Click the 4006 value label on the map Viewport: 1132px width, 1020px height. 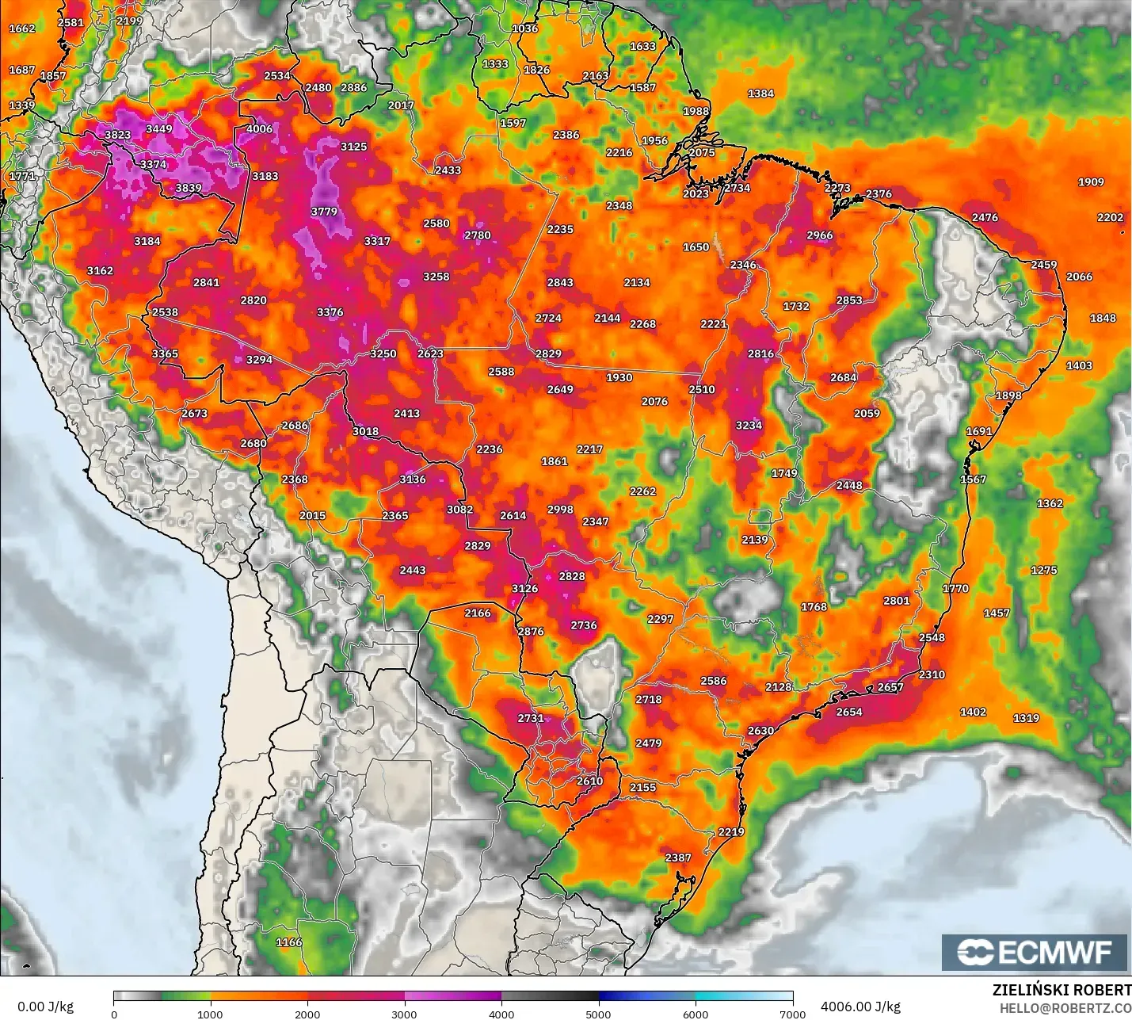(259, 129)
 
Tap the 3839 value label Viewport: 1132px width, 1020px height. (189, 188)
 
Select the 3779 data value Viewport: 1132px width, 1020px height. (323, 212)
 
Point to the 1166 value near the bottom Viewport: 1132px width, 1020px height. (288, 942)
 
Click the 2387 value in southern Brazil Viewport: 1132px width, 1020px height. (677, 858)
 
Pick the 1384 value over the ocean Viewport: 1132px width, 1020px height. (760, 94)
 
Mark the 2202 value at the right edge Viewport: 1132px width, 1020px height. (1110, 217)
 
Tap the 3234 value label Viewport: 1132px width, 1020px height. (749, 426)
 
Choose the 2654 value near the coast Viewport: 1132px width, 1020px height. (849, 712)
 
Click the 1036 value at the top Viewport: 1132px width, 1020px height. (524, 29)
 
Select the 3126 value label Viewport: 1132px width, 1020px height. (524, 588)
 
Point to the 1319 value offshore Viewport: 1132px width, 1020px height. (1026, 718)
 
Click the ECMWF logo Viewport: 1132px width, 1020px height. (1034, 952)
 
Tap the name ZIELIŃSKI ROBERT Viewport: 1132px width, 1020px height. (1061, 990)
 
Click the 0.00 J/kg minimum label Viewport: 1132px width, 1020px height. (45, 1007)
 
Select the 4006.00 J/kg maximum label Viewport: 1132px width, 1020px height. (860, 1007)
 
